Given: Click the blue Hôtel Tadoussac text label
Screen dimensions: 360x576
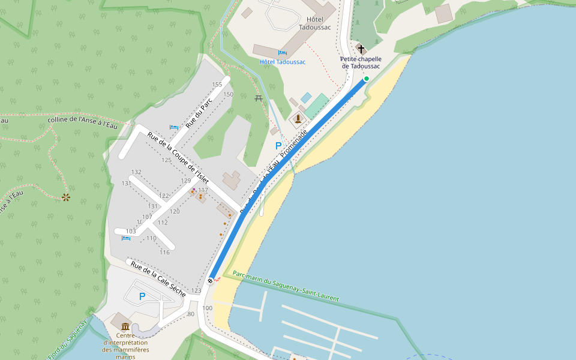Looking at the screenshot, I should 282,62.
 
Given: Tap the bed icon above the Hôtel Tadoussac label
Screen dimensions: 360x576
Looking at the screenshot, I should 282,53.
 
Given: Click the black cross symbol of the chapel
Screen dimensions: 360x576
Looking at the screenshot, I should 361,49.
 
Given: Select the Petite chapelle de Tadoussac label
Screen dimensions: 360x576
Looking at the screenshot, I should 361,62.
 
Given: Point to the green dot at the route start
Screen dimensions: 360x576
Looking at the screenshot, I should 367,79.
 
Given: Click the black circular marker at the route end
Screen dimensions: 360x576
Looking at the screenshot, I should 211,280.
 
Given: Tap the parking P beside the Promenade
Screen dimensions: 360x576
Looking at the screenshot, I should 278,146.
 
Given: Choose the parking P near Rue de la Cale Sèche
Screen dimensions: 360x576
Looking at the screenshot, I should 142,296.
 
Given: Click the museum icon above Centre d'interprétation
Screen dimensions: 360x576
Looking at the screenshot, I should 125,326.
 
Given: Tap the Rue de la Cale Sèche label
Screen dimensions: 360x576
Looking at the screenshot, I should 158,279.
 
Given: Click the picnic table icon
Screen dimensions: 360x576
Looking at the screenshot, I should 259,98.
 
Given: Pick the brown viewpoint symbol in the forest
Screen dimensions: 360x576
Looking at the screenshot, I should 66,197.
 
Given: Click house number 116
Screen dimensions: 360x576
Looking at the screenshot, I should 164,252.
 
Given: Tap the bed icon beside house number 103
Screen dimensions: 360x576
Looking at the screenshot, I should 126,238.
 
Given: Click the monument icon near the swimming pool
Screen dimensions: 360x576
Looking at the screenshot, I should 298,119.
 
